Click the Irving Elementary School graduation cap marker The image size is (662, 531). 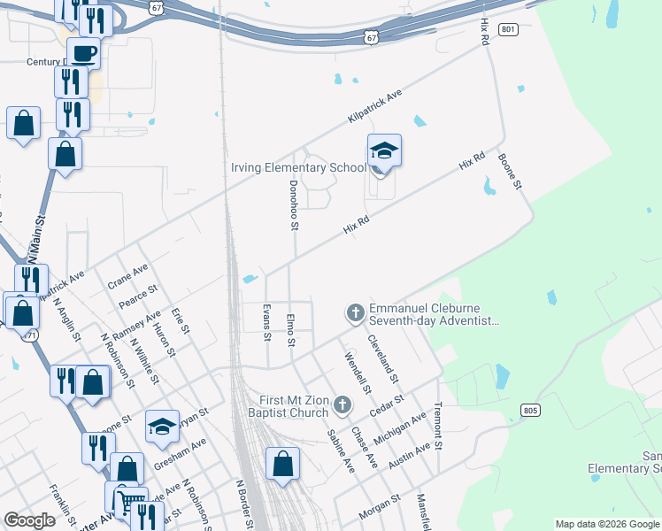384,152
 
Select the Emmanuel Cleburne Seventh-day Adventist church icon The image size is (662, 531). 355,312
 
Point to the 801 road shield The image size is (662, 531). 507,29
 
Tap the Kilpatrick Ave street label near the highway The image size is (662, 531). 374,104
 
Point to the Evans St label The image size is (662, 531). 266,321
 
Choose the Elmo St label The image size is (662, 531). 289,327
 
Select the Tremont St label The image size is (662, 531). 437,424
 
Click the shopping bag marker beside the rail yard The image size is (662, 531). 282,463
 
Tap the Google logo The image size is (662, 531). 29,520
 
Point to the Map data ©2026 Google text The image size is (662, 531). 606,524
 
